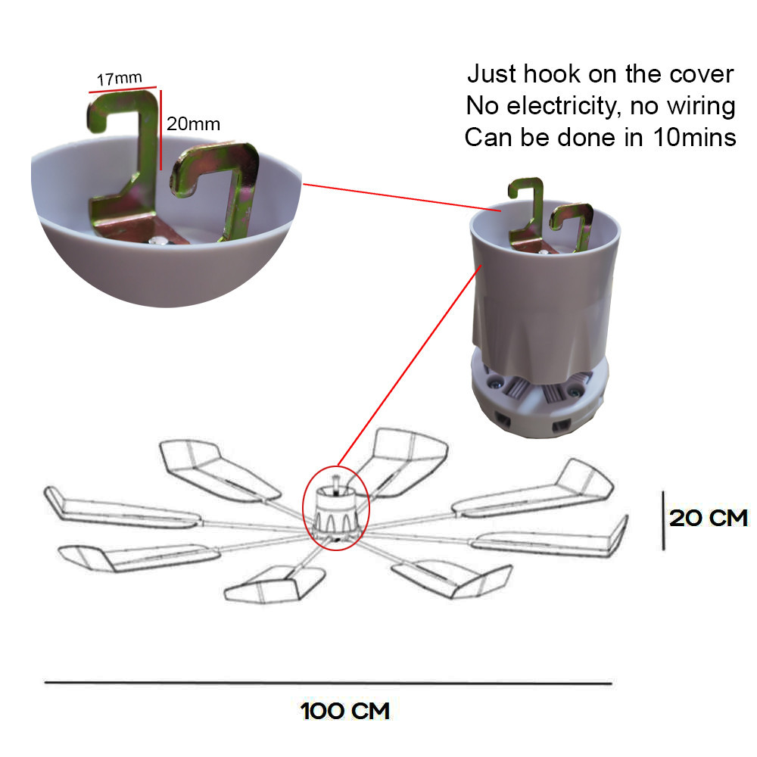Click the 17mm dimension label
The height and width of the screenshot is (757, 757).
[x=120, y=79]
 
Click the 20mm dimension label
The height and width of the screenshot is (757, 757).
[x=193, y=124]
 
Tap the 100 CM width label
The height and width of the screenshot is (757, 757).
[x=344, y=711]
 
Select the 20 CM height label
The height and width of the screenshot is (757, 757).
[x=709, y=518]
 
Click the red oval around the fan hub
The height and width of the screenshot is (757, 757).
[x=304, y=507]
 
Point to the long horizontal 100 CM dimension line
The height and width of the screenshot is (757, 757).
[x=329, y=683]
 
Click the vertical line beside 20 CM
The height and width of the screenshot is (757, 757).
[x=663, y=521]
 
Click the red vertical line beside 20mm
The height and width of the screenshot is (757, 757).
[x=160, y=130]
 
